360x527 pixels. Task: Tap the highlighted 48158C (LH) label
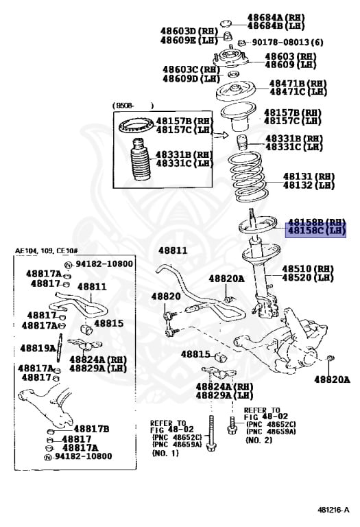click(x=316, y=231)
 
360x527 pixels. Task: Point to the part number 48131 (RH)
click(x=308, y=175)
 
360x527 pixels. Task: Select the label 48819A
click(x=38, y=348)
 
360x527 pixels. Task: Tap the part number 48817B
click(x=92, y=429)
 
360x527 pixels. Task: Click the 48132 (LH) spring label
click(x=308, y=185)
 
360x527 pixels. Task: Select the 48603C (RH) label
click(x=191, y=69)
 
